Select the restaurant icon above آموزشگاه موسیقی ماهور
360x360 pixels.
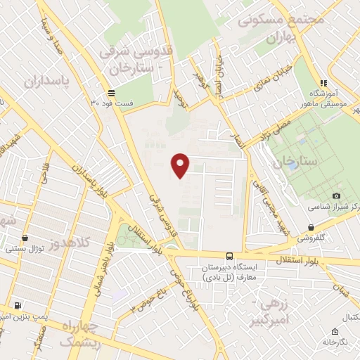(x=323, y=82)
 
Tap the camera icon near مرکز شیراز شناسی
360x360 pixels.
(x=336, y=195)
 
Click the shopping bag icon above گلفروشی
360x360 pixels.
(x=310, y=226)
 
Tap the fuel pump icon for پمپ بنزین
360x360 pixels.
(x=18, y=305)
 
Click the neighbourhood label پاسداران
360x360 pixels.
(x=49, y=82)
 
